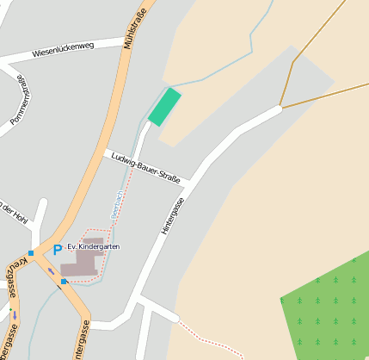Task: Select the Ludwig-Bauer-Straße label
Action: pyautogui.click(x=146, y=167)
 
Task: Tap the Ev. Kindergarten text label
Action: pyautogui.click(x=93, y=246)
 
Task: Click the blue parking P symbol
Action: pyautogui.click(x=58, y=250)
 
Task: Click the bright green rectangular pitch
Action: pyautogui.click(x=164, y=107)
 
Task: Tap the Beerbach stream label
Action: pyautogui.click(x=116, y=203)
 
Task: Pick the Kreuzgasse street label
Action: pyautogui.click(x=13, y=293)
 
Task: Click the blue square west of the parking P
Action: pyautogui.click(x=31, y=252)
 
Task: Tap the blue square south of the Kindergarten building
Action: pyautogui.click(x=64, y=281)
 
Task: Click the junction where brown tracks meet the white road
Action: pyautogui.click(x=280, y=108)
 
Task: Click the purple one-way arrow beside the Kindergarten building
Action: pyautogui.click(x=50, y=271)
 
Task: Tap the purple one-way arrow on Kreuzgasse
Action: pyautogui.click(x=14, y=313)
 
